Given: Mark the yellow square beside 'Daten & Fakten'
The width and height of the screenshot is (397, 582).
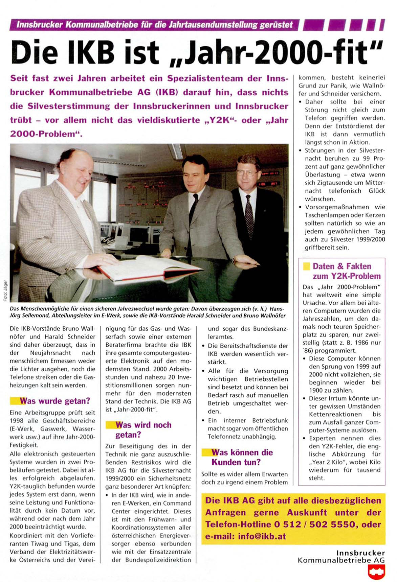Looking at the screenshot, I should (x=306, y=266).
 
